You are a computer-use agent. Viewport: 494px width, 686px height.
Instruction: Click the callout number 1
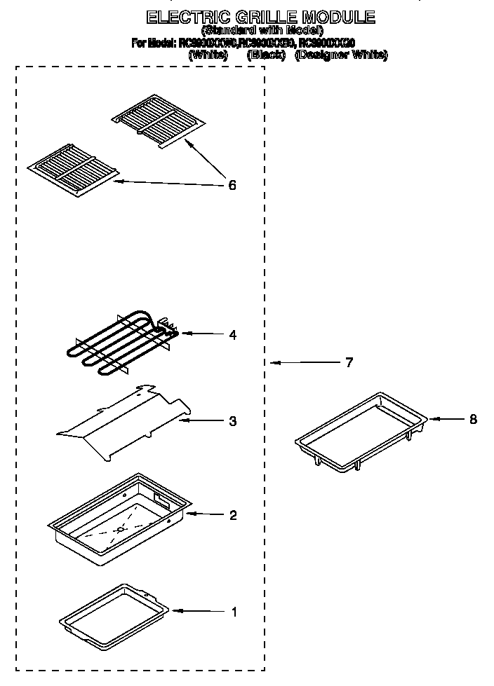point(234,612)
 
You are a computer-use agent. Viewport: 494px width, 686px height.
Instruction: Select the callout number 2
point(233,515)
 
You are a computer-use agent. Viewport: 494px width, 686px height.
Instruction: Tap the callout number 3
point(232,421)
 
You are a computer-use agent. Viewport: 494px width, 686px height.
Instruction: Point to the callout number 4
point(232,334)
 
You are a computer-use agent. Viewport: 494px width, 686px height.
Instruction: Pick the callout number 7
point(348,363)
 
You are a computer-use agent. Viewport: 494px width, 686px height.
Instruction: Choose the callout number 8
point(472,419)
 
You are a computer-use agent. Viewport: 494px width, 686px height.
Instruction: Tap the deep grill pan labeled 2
point(119,519)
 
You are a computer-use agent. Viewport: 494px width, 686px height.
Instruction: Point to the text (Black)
point(266,55)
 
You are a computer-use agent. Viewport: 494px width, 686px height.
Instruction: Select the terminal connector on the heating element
point(168,327)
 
